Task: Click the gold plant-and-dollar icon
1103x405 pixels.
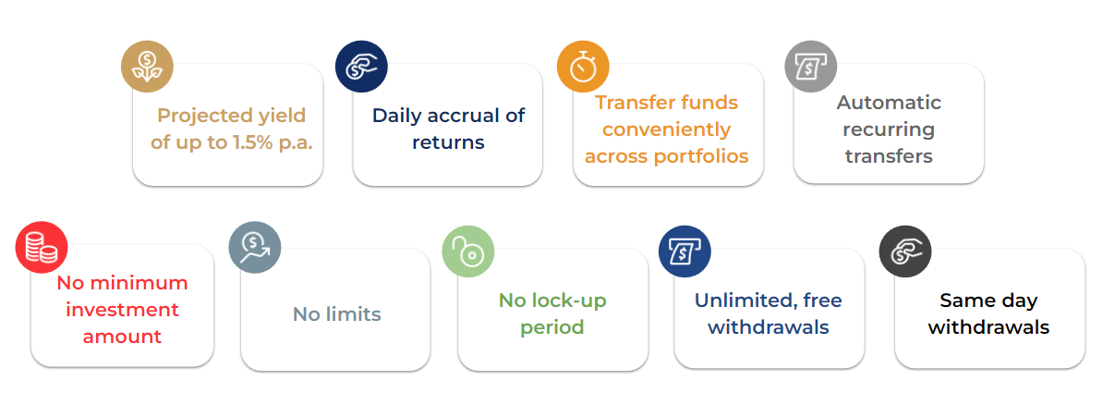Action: tap(147, 67)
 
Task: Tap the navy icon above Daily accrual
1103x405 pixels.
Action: tap(361, 67)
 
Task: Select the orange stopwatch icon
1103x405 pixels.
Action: tap(583, 67)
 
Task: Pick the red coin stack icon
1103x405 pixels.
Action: tap(42, 248)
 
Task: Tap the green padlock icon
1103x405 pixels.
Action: tap(467, 252)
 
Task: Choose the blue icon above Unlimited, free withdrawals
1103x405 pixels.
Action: tap(685, 252)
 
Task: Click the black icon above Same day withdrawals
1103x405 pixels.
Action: tap(905, 252)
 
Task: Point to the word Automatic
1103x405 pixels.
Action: tap(889, 103)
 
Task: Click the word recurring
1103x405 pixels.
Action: tap(890, 130)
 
